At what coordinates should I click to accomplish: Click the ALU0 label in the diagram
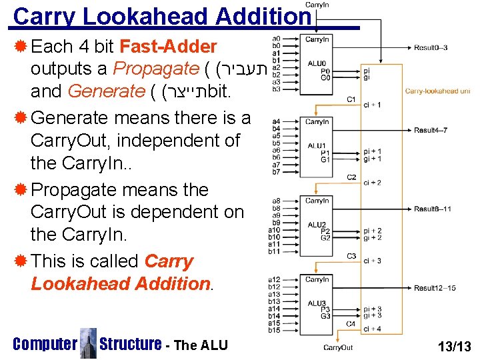(316, 64)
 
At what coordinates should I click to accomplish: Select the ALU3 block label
(316, 303)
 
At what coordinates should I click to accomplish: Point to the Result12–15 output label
(434, 288)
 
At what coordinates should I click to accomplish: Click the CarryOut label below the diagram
(338, 348)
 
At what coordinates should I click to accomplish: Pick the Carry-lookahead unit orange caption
(438, 91)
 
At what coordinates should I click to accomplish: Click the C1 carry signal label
(351, 99)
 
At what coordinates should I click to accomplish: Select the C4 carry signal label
(351, 323)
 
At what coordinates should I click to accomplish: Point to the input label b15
(274, 330)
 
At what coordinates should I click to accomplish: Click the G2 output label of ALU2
(325, 238)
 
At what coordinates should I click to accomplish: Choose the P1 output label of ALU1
(325, 153)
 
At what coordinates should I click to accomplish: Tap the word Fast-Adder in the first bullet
(168, 47)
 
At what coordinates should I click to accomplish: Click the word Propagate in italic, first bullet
(156, 69)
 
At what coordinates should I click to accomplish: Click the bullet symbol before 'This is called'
(21, 261)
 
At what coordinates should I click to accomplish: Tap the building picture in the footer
(88, 343)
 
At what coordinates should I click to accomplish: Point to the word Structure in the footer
(130, 344)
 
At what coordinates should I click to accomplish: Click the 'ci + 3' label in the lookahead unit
(373, 261)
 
